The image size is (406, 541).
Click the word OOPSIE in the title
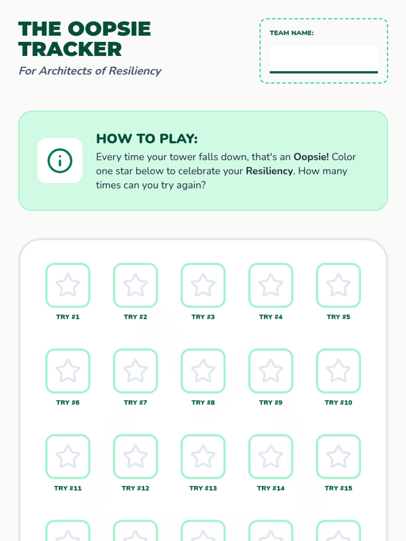pyautogui.click(x=109, y=29)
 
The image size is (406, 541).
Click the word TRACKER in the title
pyautogui.click(x=70, y=49)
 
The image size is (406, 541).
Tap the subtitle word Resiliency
pyautogui.click(x=135, y=71)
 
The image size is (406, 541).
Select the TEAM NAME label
pyautogui.click(x=291, y=33)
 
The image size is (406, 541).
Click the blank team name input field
pyautogui.click(x=324, y=60)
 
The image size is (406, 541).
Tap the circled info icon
pyautogui.click(x=60, y=161)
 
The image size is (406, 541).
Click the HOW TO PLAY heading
pyautogui.click(x=147, y=139)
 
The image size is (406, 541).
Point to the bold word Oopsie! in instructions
pyautogui.click(x=311, y=157)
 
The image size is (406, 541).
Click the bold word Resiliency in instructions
pyautogui.click(x=269, y=171)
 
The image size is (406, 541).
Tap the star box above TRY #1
pyautogui.click(x=68, y=285)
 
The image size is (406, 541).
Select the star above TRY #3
pyautogui.click(x=203, y=285)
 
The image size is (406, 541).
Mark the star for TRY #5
pyautogui.click(x=338, y=285)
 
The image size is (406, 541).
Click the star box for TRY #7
pyautogui.click(x=135, y=371)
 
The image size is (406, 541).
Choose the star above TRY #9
pyautogui.click(x=271, y=371)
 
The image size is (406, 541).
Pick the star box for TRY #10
pyautogui.click(x=338, y=371)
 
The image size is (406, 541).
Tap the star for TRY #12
pyautogui.click(x=135, y=456)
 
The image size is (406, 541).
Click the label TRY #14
pyautogui.click(x=271, y=488)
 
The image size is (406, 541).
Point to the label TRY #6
pyautogui.click(x=68, y=402)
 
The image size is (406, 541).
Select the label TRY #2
pyautogui.click(x=135, y=317)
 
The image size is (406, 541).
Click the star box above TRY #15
pyautogui.click(x=338, y=456)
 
